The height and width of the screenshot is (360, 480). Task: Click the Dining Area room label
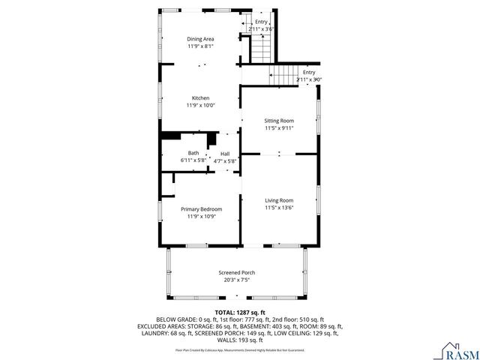(x=200, y=38)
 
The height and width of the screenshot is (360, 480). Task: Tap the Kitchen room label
(x=200, y=98)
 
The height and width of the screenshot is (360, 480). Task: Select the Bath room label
(x=193, y=153)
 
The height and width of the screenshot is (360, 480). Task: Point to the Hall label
(x=225, y=153)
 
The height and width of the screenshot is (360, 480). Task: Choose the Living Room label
(x=278, y=200)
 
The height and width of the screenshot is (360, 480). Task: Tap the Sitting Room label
(x=278, y=120)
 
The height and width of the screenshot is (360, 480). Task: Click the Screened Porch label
(x=236, y=272)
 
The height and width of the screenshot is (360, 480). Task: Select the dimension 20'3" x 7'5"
(x=236, y=280)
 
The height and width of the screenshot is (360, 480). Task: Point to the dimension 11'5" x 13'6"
(x=278, y=208)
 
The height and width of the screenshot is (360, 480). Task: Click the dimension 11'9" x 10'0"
(x=200, y=106)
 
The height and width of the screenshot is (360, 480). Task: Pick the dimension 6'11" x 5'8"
(x=193, y=160)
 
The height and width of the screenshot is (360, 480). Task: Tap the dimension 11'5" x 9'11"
(x=278, y=127)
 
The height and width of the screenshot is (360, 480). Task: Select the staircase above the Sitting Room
(x=282, y=75)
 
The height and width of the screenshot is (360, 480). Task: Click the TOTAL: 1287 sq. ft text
(x=240, y=312)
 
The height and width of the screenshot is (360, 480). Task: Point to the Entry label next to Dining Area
(x=261, y=22)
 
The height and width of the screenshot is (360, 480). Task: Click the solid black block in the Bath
(x=172, y=135)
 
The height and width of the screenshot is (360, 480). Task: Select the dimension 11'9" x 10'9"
(x=200, y=216)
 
